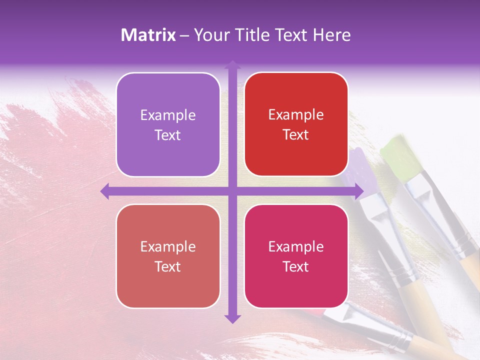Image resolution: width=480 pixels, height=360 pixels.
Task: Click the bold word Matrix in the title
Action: [x=148, y=35]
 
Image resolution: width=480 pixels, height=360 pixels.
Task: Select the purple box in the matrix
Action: [x=168, y=124]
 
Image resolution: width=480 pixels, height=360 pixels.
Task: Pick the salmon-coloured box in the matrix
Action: [x=168, y=256]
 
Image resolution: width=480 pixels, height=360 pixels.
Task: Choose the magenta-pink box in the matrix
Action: [x=296, y=256]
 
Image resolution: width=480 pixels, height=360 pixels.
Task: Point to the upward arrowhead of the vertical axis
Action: [x=232, y=64]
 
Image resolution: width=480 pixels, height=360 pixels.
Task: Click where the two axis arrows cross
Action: [x=232, y=191]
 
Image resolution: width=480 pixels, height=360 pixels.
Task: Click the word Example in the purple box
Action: [x=168, y=115]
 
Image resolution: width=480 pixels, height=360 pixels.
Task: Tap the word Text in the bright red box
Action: [x=296, y=135]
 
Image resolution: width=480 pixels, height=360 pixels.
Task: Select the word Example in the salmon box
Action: [x=168, y=246]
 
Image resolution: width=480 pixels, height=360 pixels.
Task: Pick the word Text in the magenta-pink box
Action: [x=296, y=266]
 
